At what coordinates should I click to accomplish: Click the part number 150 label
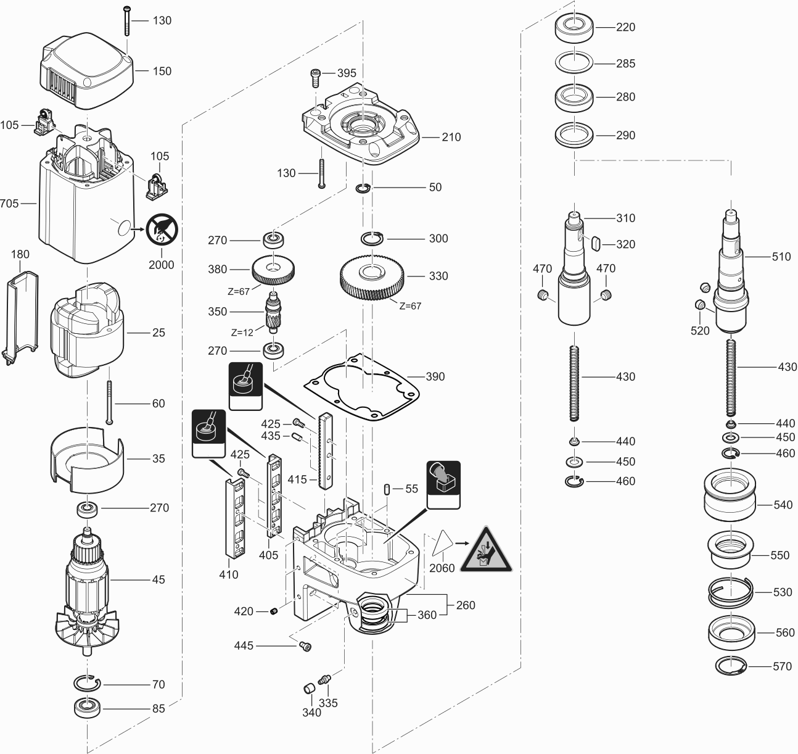click(x=162, y=71)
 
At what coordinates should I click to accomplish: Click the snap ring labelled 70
click(x=88, y=683)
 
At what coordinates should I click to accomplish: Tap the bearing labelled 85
click(x=87, y=707)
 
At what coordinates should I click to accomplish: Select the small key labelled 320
click(x=596, y=244)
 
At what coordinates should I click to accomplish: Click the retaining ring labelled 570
click(x=731, y=666)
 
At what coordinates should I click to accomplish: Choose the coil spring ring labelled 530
click(x=730, y=593)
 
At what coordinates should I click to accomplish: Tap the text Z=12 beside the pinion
click(x=242, y=332)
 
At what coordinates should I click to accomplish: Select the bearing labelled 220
click(x=574, y=28)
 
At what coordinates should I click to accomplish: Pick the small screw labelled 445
click(x=304, y=645)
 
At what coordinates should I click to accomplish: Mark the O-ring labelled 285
click(x=574, y=63)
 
